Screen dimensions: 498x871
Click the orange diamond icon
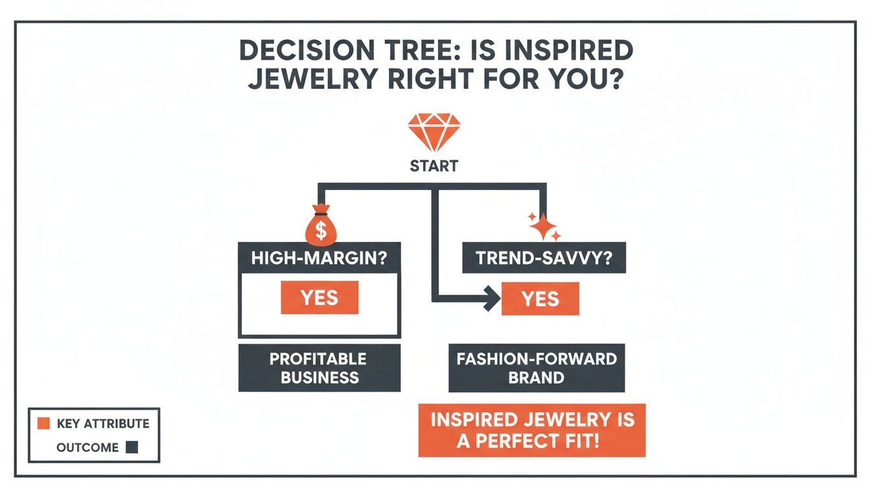pos(434,132)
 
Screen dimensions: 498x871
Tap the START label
pos(434,166)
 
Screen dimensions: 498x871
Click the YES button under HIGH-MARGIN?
pos(319,298)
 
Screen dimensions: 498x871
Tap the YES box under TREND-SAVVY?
pos(540,298)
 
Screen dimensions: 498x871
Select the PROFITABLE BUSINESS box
pos(319,368)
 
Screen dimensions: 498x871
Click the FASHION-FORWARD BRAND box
pos(537,368)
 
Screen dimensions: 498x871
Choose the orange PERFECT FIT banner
pos(532,430)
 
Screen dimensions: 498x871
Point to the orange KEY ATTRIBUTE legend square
pos(43,423)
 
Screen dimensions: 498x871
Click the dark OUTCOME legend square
pos(132,447)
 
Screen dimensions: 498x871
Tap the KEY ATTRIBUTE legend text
pos(103,424)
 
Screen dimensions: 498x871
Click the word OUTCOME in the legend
pos(87,447)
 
